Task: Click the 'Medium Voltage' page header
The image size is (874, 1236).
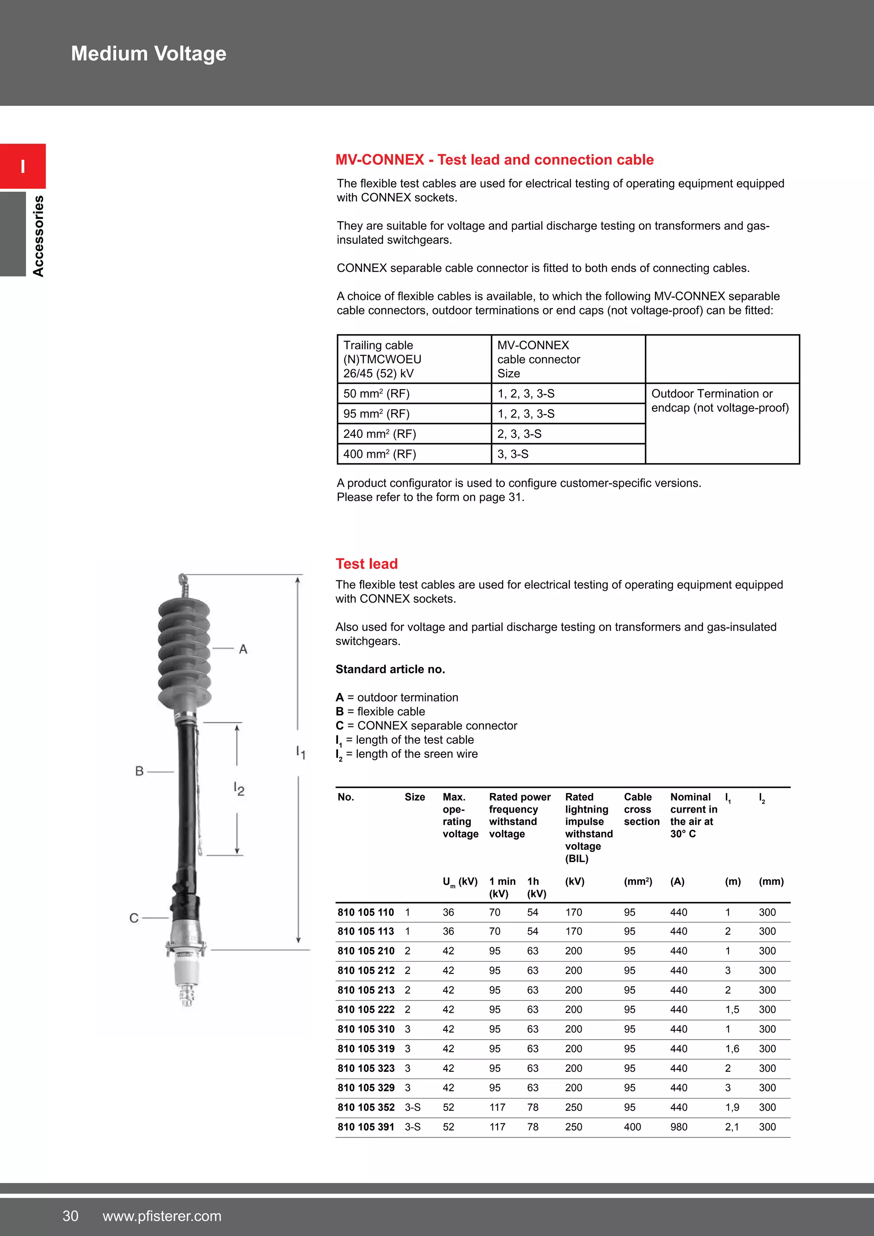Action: tap(149, 54)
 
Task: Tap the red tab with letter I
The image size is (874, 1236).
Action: tap(23, 166)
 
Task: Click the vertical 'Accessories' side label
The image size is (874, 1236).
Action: tap(38, 236)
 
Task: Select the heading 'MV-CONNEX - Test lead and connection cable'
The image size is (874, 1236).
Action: tap(494, 160)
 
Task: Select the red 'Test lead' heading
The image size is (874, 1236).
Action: tap(367, 564)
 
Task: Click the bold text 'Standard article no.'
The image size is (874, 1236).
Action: tap(390, 669)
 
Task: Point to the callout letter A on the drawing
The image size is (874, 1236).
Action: tap(243, 649)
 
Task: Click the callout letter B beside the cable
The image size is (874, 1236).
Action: tap(140, 771)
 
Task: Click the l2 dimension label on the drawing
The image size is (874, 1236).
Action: tap(239, 789)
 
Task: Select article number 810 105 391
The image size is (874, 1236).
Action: tap(366, 1127)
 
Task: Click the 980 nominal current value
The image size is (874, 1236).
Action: tap(679, 1127)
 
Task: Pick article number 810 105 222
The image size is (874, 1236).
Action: tap(366, 1009)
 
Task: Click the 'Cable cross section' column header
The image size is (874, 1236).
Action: tap(641, 809)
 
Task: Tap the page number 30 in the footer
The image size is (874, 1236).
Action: tap(70, 1216)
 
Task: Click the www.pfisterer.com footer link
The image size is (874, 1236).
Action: tap(162, 1216)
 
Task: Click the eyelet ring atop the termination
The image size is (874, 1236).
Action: tap(183, 579)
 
